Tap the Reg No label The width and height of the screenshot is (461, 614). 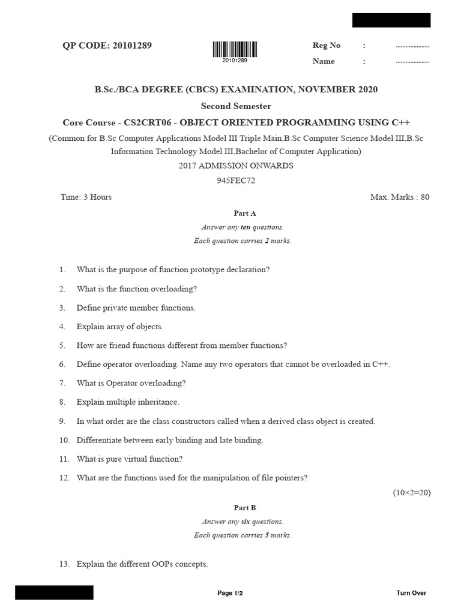(327, 46)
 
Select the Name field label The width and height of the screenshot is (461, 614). (324, 61)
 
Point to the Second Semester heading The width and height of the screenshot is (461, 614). (236, 106)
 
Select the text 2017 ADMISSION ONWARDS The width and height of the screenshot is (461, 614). (236, 165)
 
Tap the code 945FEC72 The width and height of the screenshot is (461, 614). (236, 180)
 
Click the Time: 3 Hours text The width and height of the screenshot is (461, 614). (86, 197)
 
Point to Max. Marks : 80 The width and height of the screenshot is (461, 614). (400, 197)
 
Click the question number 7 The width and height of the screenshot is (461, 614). (62, 383)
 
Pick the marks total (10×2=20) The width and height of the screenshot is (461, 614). (412, 493)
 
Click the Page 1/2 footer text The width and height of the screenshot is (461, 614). (230, 593)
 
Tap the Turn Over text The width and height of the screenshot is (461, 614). (411, 593)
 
